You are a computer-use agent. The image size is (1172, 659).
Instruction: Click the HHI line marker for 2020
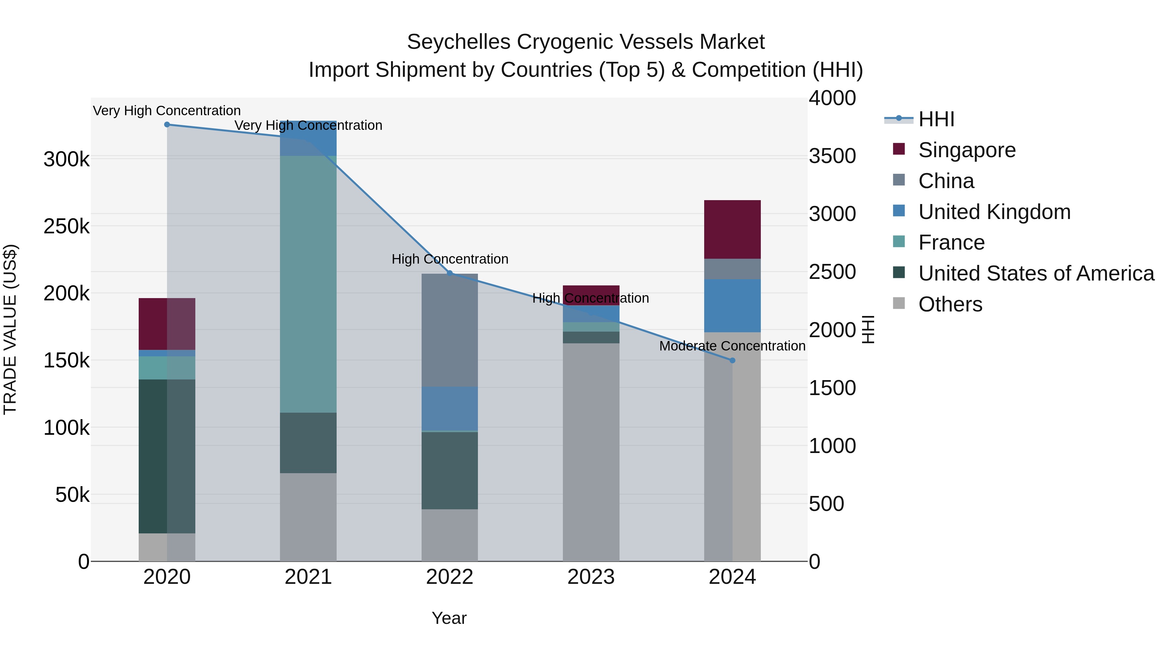(x=167, y=125)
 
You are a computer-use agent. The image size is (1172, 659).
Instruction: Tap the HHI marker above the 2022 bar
(x=450, y=273)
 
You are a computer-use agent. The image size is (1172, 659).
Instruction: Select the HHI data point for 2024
(x=732, y=361)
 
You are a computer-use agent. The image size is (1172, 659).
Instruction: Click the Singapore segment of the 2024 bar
(x=732, y=230)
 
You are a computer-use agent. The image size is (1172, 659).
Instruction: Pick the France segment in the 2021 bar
(x=308, y=284)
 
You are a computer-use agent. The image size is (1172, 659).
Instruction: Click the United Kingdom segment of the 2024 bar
(x=732, y=306)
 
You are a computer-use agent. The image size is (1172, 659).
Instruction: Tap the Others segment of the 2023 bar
(x=591, y=453)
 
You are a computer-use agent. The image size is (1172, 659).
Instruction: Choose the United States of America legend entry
(x=1036, y=273)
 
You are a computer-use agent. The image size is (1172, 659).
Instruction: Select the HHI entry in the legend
(x=936, y=119)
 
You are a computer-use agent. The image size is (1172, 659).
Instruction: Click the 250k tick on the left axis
(x=66, y=227)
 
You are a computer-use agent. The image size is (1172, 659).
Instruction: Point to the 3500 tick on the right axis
(x=832, y=156)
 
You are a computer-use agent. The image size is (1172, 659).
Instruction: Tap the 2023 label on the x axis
(x=591, y=577)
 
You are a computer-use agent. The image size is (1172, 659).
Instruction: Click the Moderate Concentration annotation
(x=732, y=346)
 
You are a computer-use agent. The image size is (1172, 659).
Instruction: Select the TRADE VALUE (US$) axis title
(x=10, y=329)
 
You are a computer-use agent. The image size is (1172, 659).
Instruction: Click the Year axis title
(x=449, y=618)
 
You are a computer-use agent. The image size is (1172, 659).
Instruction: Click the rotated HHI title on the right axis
(x=868, y=329)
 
